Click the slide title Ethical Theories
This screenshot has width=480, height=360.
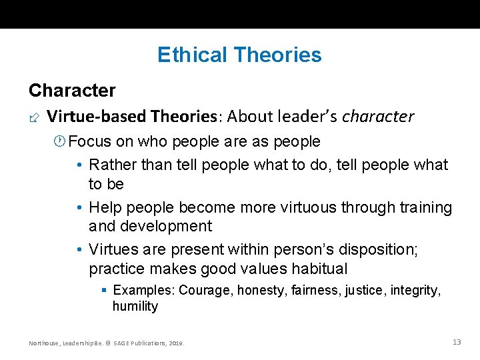(239, 55)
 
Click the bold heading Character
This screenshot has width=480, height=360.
(72, 90)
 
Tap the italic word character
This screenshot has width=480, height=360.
(378, 117)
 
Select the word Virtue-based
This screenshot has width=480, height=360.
(97, 117)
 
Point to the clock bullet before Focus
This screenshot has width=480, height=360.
(60, 141)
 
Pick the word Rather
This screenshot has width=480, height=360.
(111, 165)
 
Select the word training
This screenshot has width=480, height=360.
(425, 207)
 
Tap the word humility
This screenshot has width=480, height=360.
(135, 306)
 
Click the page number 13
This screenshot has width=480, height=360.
(457, 342)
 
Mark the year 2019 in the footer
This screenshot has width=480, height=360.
(175, 343)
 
